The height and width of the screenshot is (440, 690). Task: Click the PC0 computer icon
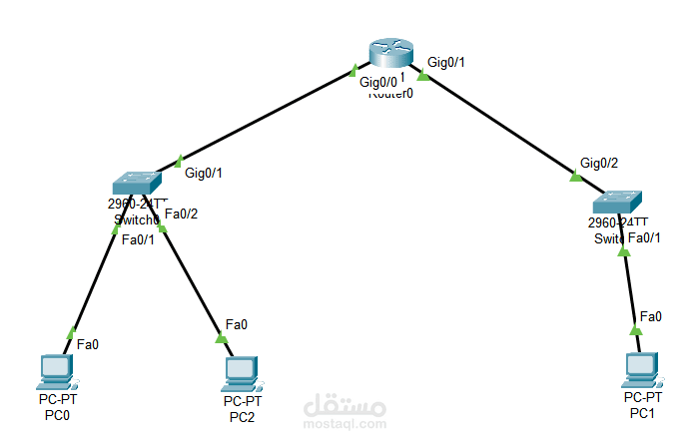coord(55,371)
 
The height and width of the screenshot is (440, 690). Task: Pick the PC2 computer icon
coord(240,372)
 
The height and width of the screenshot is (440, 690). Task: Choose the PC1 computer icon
coord(640,368)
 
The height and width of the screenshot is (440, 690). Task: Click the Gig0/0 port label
coord(379,82)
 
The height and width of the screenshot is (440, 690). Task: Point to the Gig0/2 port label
coord(599,163)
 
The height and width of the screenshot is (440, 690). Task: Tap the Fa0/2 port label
coord(183,213)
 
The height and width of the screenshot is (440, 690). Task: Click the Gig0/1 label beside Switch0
coord(204,173)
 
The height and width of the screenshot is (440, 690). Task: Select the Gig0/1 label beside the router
coord(446,62)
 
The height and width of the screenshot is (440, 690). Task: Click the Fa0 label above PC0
coord(87,344)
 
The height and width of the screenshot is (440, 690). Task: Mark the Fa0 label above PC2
coord(236,324)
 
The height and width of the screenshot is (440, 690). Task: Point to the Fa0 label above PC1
coord(650,316)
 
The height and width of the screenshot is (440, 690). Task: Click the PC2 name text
coord(241,417)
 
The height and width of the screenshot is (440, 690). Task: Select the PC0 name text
coord(57,416)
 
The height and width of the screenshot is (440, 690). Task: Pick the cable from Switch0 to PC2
coord(190,279)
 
